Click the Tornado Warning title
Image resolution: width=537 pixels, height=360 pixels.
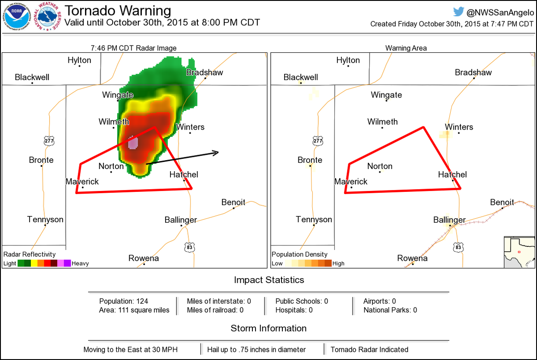coord(118,11)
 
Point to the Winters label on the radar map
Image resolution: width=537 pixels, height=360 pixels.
coord(190,127)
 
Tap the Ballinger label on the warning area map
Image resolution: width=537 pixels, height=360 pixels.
coord(449,220)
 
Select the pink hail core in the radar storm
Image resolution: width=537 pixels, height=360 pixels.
coord(133,143)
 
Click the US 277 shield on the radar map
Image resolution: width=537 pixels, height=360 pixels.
coord(49,141)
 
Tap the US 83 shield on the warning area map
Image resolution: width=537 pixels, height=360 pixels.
coord(457,246)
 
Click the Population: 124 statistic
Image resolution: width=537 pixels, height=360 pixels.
coord(124,301)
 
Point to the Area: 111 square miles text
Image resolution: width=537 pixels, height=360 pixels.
coord(134,310)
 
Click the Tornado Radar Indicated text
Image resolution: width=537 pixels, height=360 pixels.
coord(369,350)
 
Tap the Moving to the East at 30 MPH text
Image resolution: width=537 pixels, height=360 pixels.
coord(131,350)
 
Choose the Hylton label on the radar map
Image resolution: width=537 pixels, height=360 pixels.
coord(79,60)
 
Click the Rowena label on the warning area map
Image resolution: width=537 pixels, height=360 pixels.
coord(412,258)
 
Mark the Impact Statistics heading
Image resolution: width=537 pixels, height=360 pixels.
coord(269,280)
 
